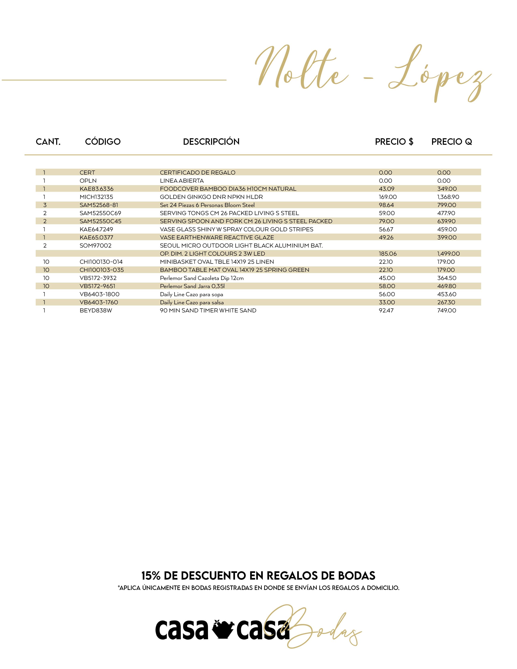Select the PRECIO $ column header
[394, 142]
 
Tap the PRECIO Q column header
[452, 142]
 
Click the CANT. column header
[48, 142]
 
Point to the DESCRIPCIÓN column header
[211, 142]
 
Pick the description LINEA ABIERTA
[182, 181]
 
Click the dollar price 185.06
[387, 254]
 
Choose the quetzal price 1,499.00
[448, 254]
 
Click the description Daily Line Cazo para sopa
[191, 294]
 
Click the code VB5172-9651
[97, 286]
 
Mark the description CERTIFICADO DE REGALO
[197, 173]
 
